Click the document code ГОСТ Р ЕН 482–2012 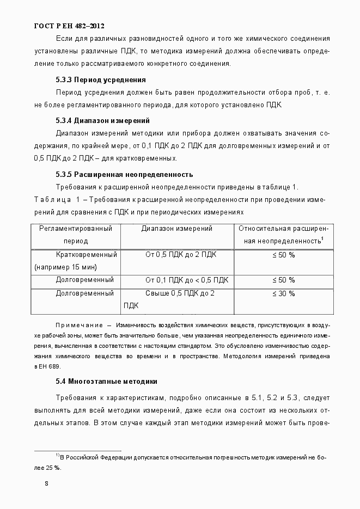(69, 26)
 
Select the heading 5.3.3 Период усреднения (100, 79)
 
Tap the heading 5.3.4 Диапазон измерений (102, 120)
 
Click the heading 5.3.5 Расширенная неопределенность (124, 175)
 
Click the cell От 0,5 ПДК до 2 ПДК (180, 254)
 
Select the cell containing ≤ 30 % (283, 293)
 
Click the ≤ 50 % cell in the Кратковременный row (283, 254)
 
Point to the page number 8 (47, 483)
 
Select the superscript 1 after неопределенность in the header (322, 238)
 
